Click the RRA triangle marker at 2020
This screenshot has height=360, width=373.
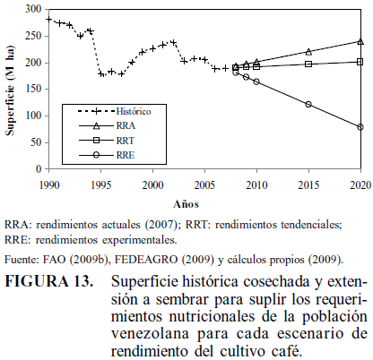click(360, 42)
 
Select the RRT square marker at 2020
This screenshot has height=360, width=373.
click(360, 62)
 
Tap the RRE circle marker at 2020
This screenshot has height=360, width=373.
click(360, 127)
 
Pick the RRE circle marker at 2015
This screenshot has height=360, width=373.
click(308, 104)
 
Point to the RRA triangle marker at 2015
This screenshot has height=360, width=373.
click(308, 52)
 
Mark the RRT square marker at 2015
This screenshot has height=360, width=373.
click(308, 64)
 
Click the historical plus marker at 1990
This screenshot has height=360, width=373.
click(49, 19)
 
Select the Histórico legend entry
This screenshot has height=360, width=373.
click(115, 111)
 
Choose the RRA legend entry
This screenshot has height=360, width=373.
click(107, 125)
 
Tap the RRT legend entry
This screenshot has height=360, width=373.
click(107, 141)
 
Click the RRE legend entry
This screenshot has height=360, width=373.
click(107, 155)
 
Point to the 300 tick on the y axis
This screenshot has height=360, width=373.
click(34, 9)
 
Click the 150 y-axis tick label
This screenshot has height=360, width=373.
click(34, 89)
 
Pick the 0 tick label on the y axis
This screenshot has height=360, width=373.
click(39, 169)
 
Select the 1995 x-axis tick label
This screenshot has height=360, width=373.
click(101, 185)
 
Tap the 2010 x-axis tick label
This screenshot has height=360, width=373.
click(256, 185)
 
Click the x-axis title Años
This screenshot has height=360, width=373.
click(186, 204)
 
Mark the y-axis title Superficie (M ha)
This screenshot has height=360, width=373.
click(10, 90)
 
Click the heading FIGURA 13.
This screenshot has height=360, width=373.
click(49, 281)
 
